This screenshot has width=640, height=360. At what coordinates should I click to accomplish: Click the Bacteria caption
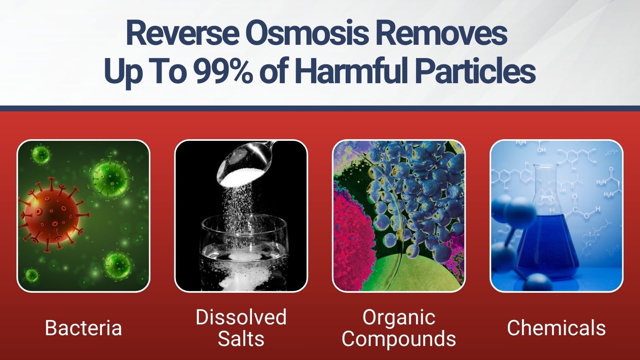click(x=84, y=328)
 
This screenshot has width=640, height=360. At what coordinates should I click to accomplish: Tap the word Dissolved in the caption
click(x=241, y=317)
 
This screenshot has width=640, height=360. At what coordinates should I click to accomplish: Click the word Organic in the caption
click(x=399, y=318)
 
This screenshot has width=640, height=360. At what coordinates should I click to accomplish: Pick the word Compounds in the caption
click(x=399, y=339)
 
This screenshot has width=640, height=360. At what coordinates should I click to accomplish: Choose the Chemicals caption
click(x=556, y=328)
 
